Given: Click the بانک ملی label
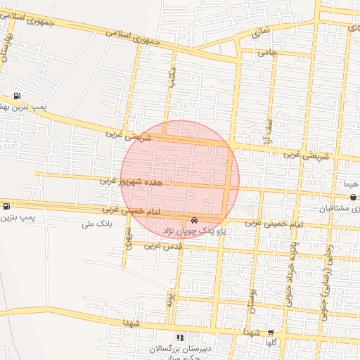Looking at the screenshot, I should point(98,224).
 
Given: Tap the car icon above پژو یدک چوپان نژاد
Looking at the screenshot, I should point(195,219).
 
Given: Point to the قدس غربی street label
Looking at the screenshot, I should point(162,246).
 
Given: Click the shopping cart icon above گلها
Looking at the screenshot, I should point(271,332).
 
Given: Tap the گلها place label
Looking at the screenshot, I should point(271,342).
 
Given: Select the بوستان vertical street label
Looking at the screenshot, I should point(252,299).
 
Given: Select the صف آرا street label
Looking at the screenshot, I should point(269,131).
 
